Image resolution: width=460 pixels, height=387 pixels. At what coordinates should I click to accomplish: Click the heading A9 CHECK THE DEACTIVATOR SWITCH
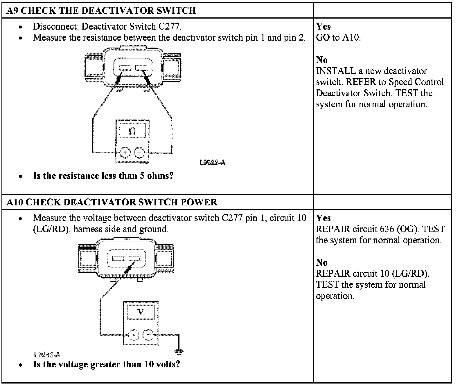click(101, 11)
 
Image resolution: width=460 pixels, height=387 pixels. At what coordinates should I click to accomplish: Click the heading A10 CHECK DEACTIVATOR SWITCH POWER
click(112, 202)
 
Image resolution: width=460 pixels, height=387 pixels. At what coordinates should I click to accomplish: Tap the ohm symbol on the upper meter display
click(132, 131)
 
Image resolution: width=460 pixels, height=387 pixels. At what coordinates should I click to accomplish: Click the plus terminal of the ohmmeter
click(125, 153)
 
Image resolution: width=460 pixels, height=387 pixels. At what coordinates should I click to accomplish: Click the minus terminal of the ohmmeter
click(139, 153)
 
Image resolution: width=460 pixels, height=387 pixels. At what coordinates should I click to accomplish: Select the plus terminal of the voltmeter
click(133, 335)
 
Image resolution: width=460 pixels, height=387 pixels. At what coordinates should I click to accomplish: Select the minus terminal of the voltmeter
click(148, 335)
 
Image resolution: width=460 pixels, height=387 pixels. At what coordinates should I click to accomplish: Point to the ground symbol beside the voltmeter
click(179, 352)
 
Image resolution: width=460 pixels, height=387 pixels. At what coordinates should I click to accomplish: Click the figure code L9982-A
click(212, 162)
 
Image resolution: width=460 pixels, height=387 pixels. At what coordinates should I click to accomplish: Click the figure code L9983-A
click(47, 355)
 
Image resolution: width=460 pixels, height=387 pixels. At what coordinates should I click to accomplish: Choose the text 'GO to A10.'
click(338, 37)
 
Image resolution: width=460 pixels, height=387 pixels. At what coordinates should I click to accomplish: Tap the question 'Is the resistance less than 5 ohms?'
click(103, 176)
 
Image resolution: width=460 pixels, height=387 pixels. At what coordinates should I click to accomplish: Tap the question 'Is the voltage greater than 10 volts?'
click(107, 364)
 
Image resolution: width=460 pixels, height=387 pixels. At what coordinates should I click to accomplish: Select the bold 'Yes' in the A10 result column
click(323, 218)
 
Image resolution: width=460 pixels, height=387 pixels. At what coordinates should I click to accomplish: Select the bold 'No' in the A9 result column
click(322, 60)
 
